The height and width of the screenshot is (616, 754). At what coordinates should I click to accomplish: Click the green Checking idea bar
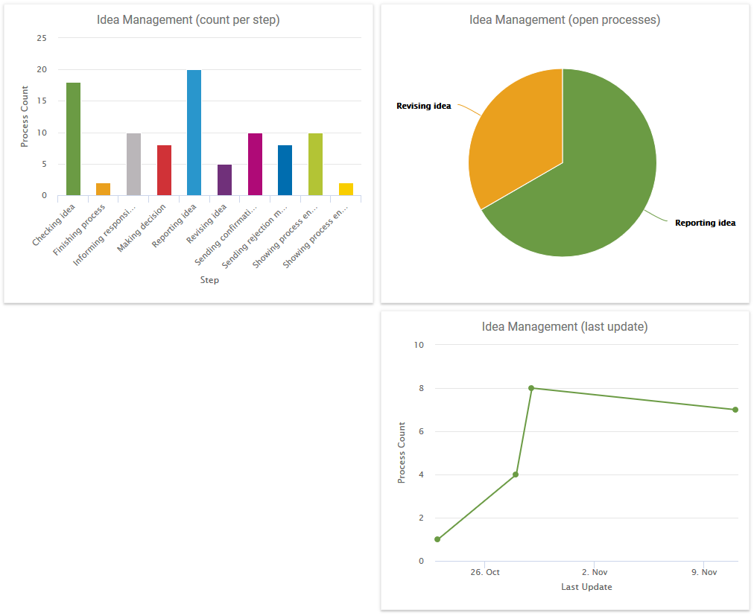tap(73, 139)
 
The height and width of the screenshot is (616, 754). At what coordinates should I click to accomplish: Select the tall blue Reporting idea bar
tap(194, 133)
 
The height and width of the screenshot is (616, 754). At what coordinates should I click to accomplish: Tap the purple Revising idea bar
tap(224, 180)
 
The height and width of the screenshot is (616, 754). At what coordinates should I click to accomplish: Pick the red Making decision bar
tap(164, 171)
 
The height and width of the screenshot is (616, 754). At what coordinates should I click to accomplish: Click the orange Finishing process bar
tap(103, 189)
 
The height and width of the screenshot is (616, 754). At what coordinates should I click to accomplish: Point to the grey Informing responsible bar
tap(133, 165)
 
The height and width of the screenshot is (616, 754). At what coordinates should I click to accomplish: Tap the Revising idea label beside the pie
tap(423, 106)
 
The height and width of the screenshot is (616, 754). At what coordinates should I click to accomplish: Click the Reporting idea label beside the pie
tap(705, 223)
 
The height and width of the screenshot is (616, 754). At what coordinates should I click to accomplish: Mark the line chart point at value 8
tap(531, 388)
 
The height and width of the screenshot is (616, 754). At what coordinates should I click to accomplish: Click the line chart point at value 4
tap(516, 474)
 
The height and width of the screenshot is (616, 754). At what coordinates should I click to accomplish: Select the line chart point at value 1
tap(437, 539)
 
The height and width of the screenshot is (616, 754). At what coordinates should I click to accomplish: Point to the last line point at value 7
tap(735, 410)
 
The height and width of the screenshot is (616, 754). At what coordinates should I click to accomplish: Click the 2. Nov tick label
tap(595, 572)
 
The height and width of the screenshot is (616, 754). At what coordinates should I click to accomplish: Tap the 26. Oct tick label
tap(485, 572)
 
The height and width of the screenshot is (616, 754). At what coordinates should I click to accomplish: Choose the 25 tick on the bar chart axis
tap(42, 38)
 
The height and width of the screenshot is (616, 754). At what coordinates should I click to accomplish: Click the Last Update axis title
tap(586, 587)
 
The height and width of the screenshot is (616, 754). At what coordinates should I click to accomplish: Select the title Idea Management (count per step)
tap(188, 20)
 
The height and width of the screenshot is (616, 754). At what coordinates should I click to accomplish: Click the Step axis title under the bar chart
tap(209, 280)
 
